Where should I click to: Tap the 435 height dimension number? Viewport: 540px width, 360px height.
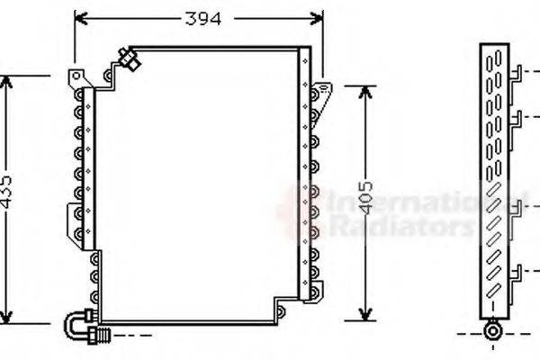click(7, 193)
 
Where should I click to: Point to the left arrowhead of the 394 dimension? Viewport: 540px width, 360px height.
click(78, 16)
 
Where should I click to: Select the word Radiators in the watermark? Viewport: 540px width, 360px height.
click(400, 225)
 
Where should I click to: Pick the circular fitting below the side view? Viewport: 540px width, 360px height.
click(493, 330)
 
